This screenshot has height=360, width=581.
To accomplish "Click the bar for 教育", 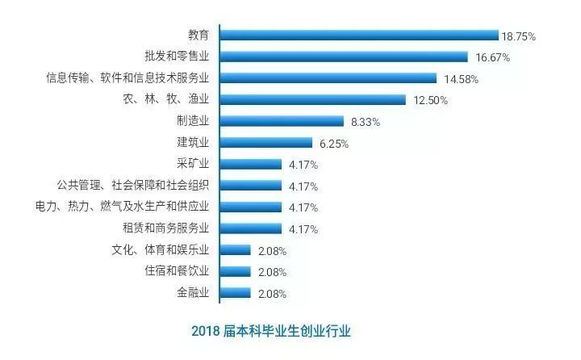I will [359, 36].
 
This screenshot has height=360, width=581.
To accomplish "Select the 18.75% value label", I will [518, 36].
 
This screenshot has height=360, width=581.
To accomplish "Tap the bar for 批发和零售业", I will [344, 57].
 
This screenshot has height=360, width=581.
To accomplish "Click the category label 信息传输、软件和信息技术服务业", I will [128, 78].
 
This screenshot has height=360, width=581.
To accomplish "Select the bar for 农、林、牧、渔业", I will [312, 100].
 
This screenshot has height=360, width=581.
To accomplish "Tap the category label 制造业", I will [193, 121].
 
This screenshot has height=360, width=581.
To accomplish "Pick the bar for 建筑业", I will [265, 143].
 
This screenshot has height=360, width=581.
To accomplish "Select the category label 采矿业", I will [193, 164].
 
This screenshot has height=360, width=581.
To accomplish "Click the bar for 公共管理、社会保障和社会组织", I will [250, 186].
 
